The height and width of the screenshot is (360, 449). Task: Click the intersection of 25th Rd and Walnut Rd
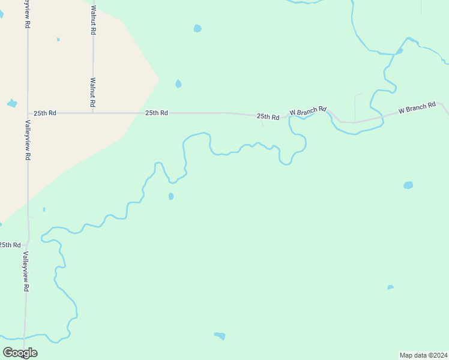click(93, 113)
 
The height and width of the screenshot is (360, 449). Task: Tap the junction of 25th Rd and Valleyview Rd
click(28, 113)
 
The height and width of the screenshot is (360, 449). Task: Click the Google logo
click(20, 353)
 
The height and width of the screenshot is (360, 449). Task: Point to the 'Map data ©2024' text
click(423, 355)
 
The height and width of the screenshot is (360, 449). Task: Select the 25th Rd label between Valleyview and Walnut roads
click(45, 113)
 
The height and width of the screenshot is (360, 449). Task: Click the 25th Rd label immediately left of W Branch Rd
click(268, 116)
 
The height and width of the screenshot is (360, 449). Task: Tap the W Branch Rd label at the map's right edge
click(417, 109)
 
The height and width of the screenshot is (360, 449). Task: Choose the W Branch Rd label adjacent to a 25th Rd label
click(307, 111)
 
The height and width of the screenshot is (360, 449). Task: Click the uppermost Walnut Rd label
click(93, 19)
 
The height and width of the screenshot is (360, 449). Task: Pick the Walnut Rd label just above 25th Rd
click(93, 92)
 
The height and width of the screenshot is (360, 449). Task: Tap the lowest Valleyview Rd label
click(26, 271)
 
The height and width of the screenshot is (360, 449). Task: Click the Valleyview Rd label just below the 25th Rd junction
click(28, 140)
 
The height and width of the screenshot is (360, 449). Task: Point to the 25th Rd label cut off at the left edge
click(10, 245)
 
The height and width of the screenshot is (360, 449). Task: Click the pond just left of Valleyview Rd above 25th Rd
click(11, 103)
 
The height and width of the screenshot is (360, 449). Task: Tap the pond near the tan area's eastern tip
click(178, 84)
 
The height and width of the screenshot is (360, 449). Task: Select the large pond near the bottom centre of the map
click(220, 335)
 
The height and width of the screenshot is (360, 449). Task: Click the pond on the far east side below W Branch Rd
click(408, 185)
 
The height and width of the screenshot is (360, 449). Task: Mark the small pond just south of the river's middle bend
click(171, 196)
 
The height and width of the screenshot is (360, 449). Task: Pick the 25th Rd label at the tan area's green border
click(156, 113)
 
